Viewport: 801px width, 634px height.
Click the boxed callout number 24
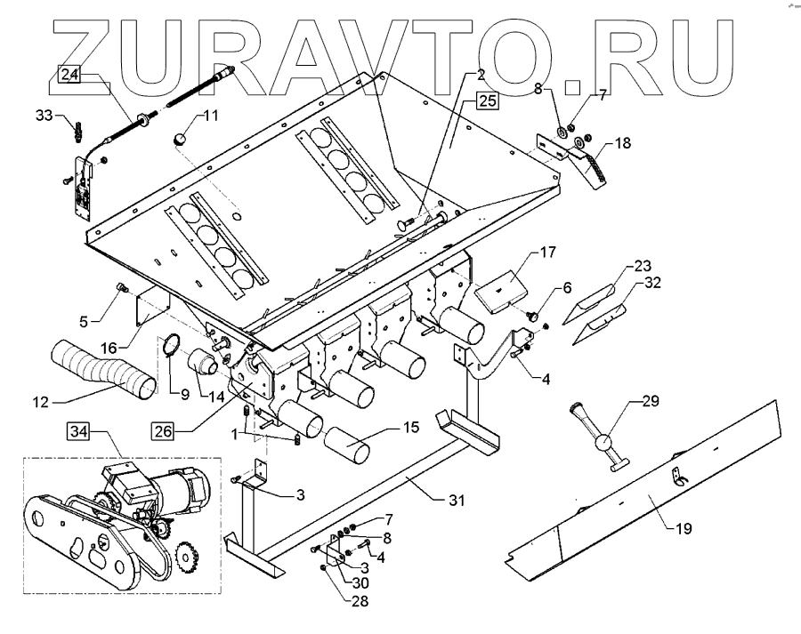coord(70,76)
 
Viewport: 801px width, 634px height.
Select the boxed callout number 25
coord(486,100)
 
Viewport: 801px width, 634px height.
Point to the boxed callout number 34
coord(78,434)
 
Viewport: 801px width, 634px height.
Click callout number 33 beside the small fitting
coord(44,115)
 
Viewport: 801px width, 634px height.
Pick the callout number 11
coord(212,116)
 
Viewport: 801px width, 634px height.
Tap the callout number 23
coord(642,266)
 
